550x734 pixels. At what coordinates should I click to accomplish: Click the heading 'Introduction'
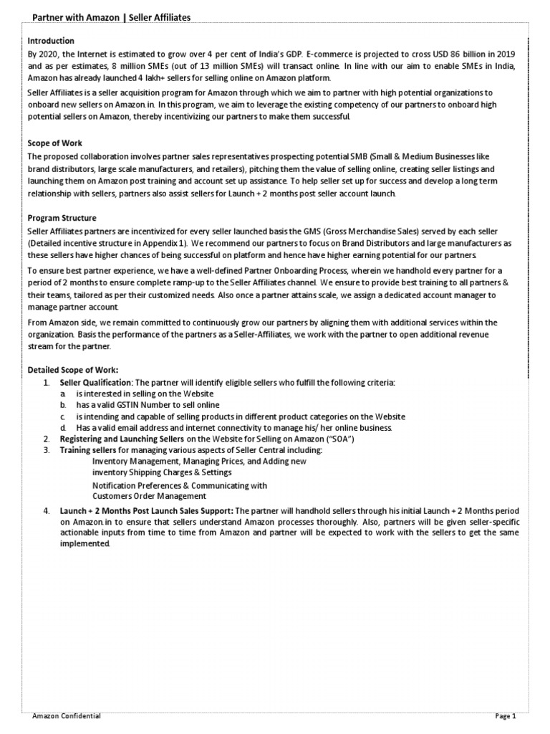tap(51, 41)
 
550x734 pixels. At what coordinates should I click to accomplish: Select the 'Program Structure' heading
tap(62, 217)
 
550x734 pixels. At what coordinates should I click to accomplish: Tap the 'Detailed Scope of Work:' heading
tap(72, 369)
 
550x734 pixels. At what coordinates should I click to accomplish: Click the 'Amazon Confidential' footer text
tap(67, 715)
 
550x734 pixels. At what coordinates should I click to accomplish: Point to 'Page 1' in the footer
tap(505, 715)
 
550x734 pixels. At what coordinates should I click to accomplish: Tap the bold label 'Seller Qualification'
tap(95, 383)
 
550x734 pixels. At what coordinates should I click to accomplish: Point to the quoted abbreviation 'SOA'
tap(344, 438)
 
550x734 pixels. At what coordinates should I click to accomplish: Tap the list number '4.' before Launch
tap(46, 510)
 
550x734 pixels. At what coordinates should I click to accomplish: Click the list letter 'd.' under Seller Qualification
tap(64, 427)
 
